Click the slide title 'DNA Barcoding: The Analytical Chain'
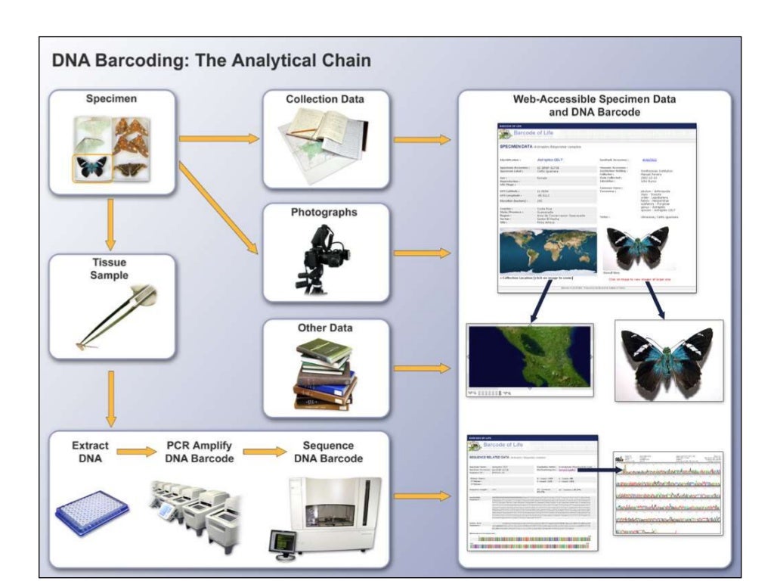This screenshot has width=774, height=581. [x=212, y=61]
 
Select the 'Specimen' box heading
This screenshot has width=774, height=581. [x=111, y=99]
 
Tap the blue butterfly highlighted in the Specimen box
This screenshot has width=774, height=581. [x=92, y=167]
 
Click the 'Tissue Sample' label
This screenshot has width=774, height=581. [x=110, y=269]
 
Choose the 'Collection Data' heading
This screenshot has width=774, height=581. [x=324, y=99]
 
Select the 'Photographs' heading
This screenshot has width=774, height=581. [x=324, y=213]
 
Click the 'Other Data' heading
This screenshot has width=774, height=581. [x=325, y=328]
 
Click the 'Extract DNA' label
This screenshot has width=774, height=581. [x=90, y=452]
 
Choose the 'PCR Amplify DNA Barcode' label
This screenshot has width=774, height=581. [x=200, y=452]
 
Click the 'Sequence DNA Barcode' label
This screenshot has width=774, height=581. [x=327, y=452]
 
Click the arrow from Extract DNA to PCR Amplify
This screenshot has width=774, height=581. [x=137, y=452]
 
